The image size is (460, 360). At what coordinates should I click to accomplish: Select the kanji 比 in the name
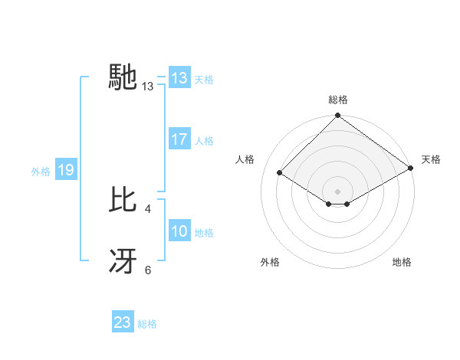click(x=124, y=200)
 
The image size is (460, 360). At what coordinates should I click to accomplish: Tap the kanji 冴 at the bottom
click(x=124, y=261)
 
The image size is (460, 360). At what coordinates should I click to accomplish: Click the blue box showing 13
click(x=179, y=78)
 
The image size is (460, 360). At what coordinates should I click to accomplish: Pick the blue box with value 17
click(x=179, y=139)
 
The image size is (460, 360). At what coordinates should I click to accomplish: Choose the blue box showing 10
click(x=179, y=231)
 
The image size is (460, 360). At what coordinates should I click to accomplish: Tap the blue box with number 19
click(x=65, y=170)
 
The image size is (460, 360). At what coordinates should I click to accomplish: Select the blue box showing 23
click(x=123, y=322)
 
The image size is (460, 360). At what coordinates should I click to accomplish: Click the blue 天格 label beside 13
click(x=204, y=79)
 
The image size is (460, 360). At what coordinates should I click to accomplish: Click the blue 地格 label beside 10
click(x=204, y=232)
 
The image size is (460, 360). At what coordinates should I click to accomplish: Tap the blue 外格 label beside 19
click(x=41, y=171)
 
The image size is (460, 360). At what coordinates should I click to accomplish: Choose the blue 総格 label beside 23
click(x=147, y=323)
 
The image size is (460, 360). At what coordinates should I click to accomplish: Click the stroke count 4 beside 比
click(x=147, y=208)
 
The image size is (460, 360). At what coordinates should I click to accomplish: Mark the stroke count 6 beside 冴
click(x=148, y=269)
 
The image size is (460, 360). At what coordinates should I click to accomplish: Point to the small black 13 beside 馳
click(x=148, y=87)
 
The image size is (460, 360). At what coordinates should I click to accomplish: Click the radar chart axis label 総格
click(x=337, y=100)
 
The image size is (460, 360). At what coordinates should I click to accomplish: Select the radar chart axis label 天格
click(x=431, y=159)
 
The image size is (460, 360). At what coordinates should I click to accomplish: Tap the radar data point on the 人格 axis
click(x=280, y=173)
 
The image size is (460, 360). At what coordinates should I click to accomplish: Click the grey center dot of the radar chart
click(x=337, y=191)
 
